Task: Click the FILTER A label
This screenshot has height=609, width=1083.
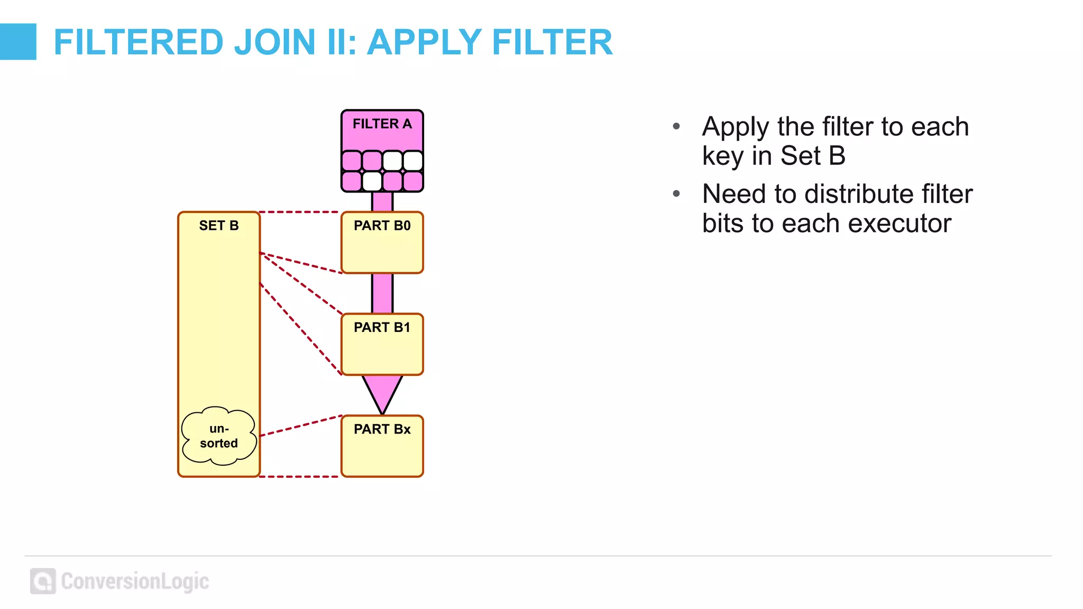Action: pyautogui.click(x=382, y=124)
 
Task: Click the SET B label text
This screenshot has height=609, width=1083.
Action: pyautogui.click(x=218, y=226)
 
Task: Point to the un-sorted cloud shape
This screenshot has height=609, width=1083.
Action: pyautogui.click(x=218, y=436)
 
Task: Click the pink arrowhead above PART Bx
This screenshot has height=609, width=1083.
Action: pyautogui.click(x=382, y=391)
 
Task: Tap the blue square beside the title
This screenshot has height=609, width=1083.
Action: pyautogui.click(x=18, y=42)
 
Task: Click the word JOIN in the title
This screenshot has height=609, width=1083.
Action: pyautogui.click(x=274, y=42)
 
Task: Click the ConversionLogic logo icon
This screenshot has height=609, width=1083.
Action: pyautogui.click(x=43, y=581)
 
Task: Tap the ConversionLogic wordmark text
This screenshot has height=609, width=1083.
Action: pyautogui.click(x=135, y=581)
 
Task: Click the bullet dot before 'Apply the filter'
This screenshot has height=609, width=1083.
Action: pyautogui.click(x=676, y=126)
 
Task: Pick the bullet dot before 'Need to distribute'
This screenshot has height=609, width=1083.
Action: pyautogui.click(x=676, y=194)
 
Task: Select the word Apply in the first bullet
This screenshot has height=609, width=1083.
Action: pyautogui.click(x=736, y=127)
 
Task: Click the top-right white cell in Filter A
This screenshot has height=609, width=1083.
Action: pyautogui.click(x=413, y=161)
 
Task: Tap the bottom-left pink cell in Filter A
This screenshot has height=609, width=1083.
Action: pyautogui.click(x=352, y=181)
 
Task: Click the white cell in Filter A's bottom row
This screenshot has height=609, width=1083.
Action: pyautogui.click(x=372, y=181)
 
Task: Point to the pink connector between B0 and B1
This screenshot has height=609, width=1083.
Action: pyautogui.click(x=382, y=293)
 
